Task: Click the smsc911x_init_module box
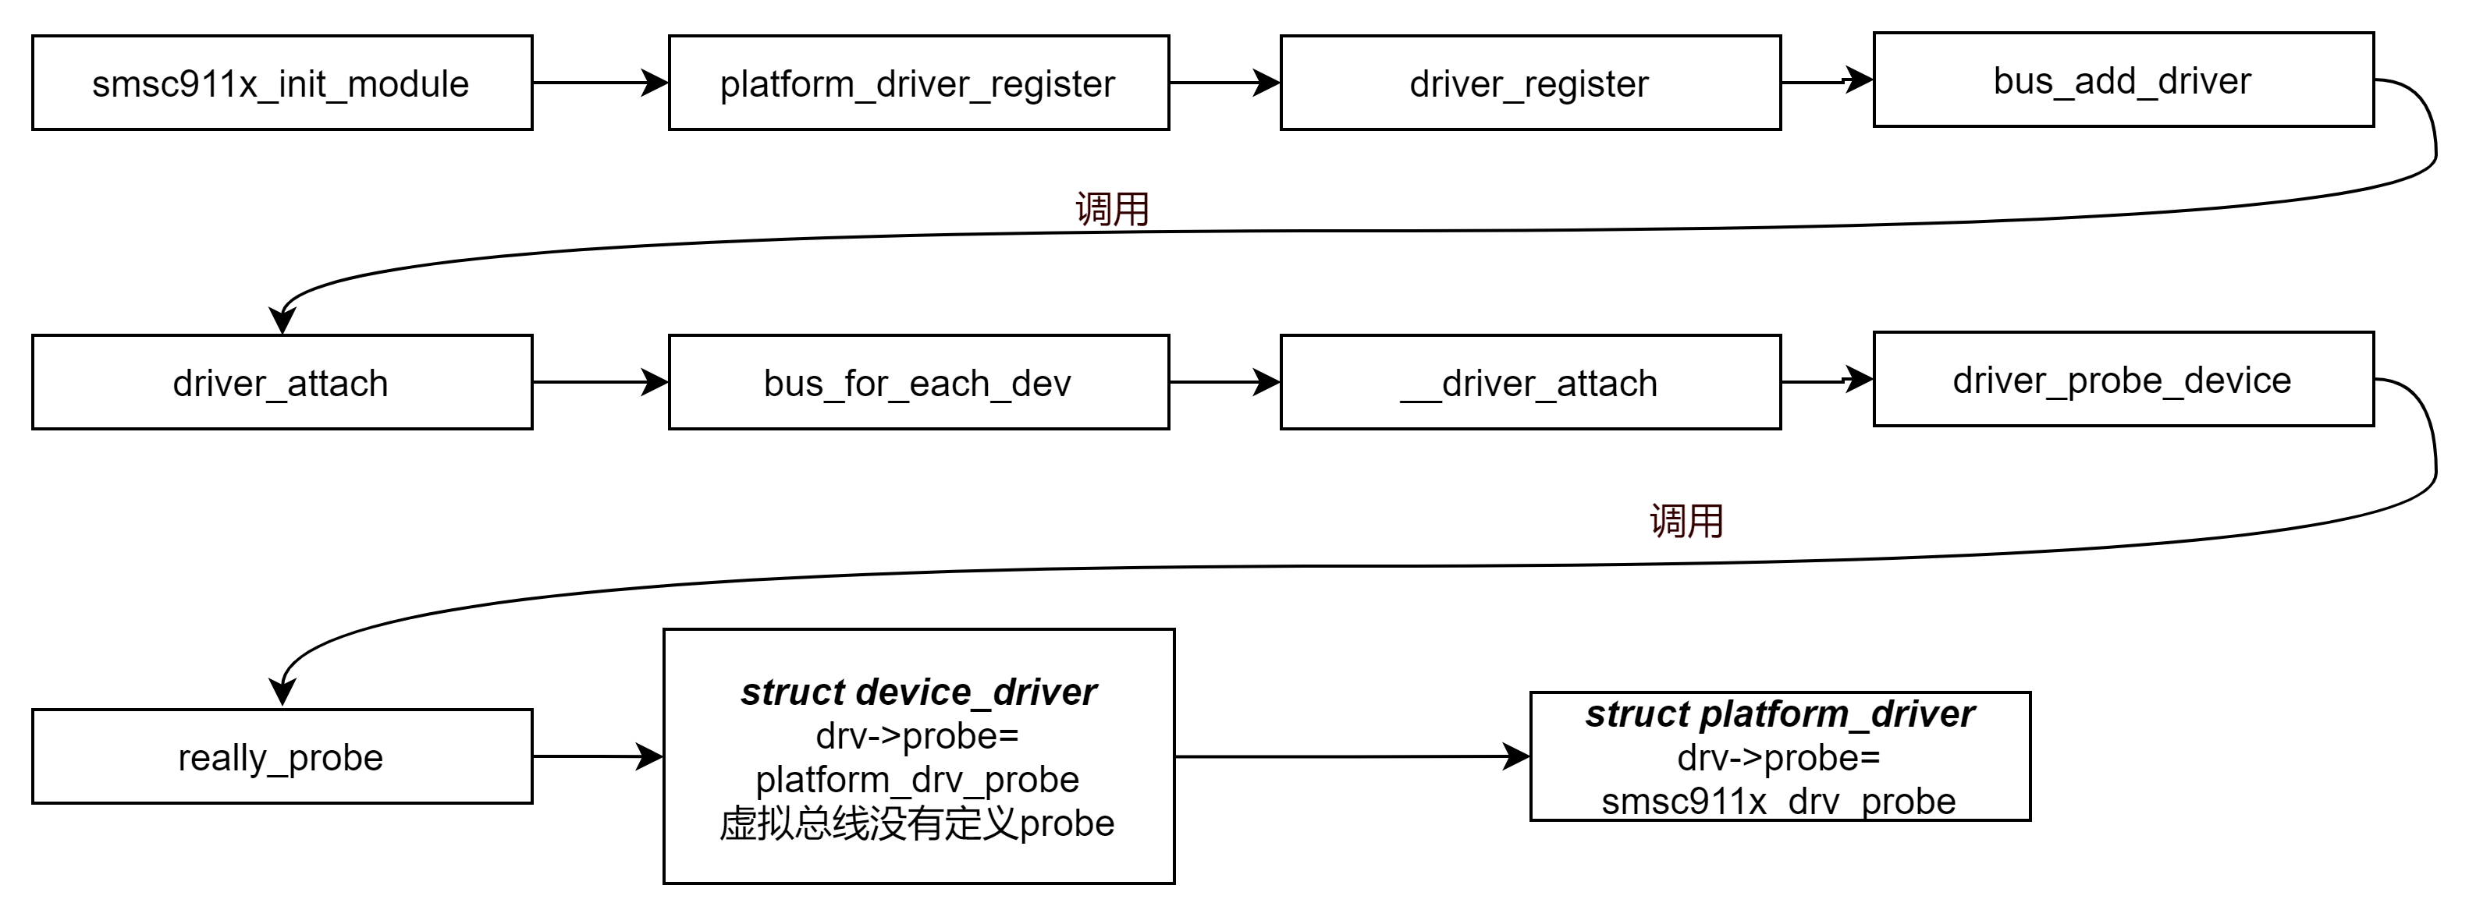(282, 83)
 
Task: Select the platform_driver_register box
(918, 83)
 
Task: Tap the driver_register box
(1529, 83)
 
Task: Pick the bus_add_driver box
(2123, 80)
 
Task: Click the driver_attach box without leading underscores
(282, 382)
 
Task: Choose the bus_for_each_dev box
(918, 382)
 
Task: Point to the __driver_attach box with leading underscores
(1529, 382)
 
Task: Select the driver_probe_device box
(2123, 380)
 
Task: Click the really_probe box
(282, 757)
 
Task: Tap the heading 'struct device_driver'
(918, 692)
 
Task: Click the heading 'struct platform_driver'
(1780, 713)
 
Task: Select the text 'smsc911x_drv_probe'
(1779, 801)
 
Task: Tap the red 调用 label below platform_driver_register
(1112, 209)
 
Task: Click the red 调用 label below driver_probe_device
(1686, 521)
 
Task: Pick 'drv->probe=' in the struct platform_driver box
(1779, 758)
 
